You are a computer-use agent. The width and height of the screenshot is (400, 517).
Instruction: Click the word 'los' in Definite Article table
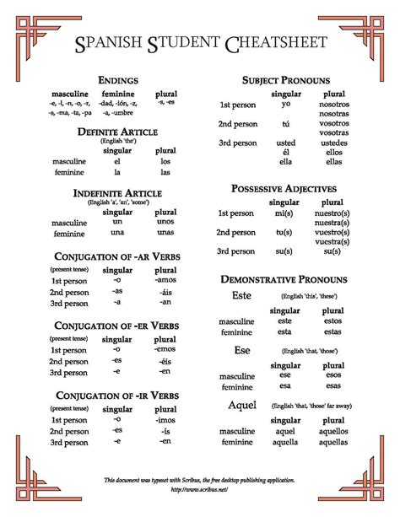click(165, 160)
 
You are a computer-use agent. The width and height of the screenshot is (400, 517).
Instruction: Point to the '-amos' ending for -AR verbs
click(165, 279)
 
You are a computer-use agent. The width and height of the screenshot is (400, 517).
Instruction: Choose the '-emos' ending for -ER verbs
click(165, 348)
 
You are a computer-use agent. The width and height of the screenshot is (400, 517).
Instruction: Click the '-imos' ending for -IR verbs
click(165, 418)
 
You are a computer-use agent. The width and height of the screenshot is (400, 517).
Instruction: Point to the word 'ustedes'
click(334, 143)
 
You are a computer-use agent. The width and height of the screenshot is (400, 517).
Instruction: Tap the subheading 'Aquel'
click(242, 406)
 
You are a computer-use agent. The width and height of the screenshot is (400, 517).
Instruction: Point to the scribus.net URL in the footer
click(199, 488)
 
